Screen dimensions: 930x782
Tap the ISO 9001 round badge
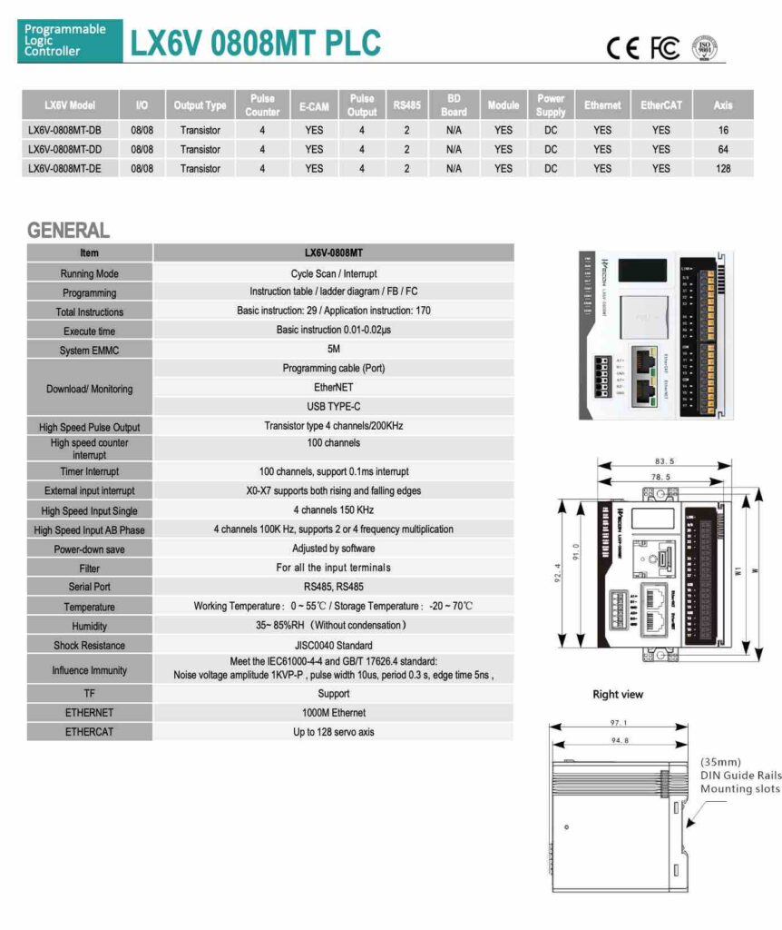point(705,48)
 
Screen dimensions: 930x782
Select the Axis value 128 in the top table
point(722,169)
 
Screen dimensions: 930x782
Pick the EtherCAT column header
point(661,105)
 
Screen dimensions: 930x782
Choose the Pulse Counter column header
point(262,105)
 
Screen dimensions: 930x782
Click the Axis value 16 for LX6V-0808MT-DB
point(722,130)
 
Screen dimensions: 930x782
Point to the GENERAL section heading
point(68,231)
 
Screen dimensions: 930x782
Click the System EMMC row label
point(90,351)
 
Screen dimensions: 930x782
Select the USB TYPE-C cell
point(334,407)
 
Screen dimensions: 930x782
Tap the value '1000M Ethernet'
point(334,713)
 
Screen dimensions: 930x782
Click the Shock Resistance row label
point(90,646)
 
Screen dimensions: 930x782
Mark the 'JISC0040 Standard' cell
point(334,646)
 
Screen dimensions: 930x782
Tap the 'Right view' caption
point(618,695)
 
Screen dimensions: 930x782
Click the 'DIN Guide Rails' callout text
point(739,776)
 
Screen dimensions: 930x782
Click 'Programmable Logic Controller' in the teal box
point(65,41)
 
